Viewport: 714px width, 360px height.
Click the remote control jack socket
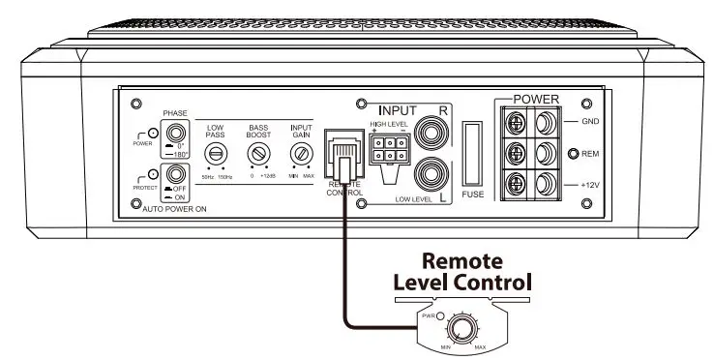344,155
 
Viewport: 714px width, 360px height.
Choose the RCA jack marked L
429,176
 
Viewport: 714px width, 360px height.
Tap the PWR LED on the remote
439,315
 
